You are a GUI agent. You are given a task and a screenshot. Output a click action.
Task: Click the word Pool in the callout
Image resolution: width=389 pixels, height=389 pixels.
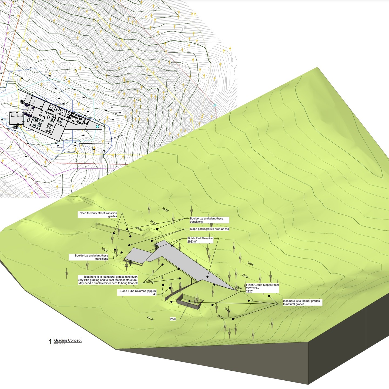click(x=173, y=319)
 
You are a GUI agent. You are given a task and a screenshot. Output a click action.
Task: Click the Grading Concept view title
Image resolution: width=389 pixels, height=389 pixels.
click(x=68, y=340)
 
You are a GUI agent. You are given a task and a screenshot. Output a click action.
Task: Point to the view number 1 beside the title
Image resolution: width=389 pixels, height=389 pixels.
click(x=50, y=342)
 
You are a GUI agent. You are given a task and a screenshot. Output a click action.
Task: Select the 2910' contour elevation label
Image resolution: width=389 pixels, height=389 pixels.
click(x=150, y=318)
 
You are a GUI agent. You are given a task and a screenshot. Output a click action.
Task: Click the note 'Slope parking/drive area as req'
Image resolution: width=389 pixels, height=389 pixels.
click(x=209, y=229)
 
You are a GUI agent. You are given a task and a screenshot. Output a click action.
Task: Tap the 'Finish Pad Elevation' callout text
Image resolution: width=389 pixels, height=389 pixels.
click(x=200, y=240)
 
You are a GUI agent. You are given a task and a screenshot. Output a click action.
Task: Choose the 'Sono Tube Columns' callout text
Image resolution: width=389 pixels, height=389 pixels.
click(x=138, y=293)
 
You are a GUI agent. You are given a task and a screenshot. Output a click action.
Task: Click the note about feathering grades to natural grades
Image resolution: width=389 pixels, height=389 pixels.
click(x=301, y=303)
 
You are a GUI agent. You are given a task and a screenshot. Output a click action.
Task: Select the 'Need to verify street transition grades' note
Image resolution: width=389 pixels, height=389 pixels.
click(x=98, y=215)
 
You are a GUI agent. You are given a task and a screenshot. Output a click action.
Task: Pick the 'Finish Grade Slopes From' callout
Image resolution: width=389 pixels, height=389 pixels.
click(x=262, y=288)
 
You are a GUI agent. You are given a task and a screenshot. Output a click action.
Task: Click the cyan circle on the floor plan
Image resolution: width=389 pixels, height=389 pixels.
click(x=98, y=126)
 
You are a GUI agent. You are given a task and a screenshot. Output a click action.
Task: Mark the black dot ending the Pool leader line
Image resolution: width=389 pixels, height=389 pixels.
click(x=190, y=301)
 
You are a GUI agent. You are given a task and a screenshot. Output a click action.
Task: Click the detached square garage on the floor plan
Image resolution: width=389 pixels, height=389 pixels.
click(x=17, y=119)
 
